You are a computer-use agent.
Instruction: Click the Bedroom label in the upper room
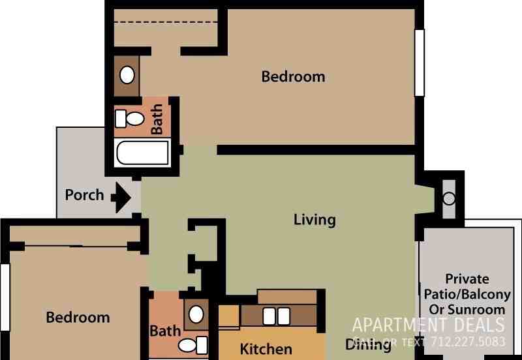[293, 77]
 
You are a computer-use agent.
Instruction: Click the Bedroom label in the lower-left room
[78, 318]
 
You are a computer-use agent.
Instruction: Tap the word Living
[315, 220]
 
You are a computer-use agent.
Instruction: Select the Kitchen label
[266, 349]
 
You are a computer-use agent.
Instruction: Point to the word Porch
[84, 195]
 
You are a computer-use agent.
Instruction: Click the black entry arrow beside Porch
[121, 197]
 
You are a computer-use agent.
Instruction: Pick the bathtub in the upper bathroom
[142, 154]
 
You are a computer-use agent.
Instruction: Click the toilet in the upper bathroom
[131, 119]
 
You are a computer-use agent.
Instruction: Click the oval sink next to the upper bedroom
[127, 75]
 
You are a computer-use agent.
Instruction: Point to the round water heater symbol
[449, 198]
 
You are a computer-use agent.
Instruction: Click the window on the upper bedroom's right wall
[420, 62]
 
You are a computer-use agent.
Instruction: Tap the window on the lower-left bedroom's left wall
[5, 297]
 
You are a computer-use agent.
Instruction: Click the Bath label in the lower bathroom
[165, 331]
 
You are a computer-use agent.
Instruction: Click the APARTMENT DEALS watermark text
[428, 325]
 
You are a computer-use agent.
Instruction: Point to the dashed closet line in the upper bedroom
[166, 23]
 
